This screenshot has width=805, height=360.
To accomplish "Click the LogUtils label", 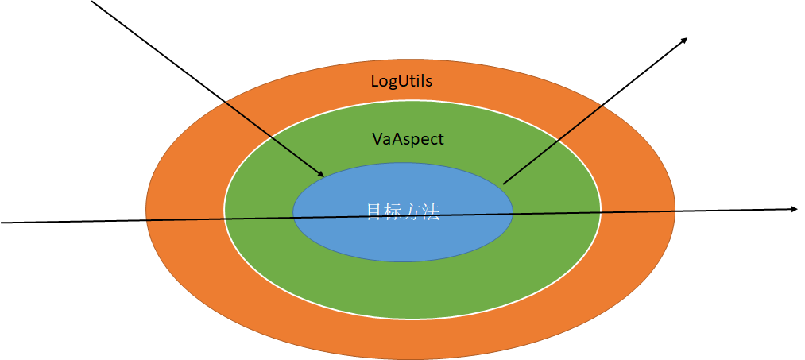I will coord(401,81).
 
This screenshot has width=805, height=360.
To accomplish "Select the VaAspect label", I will coord(408,139).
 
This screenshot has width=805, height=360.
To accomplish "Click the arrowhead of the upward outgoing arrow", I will coord(684,40).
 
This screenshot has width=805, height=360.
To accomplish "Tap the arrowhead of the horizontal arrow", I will coord(794,209).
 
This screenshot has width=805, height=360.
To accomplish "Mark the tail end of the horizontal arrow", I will coord(2,223).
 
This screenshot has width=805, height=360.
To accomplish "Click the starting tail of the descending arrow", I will coord(93,2).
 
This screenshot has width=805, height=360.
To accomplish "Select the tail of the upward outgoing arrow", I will coord(504,183).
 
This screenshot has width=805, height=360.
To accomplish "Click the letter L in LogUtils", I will coord(375,81).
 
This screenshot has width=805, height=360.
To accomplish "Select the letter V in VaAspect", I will coord(377,139).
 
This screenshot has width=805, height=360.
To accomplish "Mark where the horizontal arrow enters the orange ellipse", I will coord(146,219).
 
